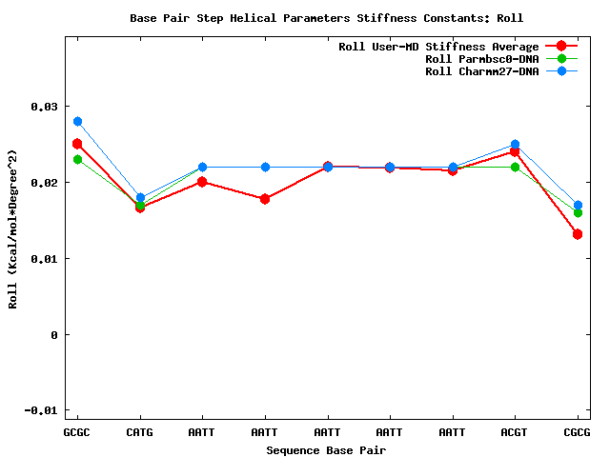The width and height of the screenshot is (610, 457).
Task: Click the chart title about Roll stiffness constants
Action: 326,18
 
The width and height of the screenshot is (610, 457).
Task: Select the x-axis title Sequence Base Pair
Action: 326,450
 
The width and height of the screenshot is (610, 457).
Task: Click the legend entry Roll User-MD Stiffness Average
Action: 438,47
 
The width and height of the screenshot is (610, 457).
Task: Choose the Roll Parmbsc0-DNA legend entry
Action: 481,59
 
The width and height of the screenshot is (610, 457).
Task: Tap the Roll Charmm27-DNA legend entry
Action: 481,71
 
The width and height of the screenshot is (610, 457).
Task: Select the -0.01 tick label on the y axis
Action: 40,411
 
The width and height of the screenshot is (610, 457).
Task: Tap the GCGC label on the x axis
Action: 77,432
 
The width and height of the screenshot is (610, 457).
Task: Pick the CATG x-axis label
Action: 140,432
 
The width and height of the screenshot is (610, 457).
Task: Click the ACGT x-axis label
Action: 515,432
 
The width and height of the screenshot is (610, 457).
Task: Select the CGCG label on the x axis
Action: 578,432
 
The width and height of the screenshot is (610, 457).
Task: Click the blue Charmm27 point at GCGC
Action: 77,122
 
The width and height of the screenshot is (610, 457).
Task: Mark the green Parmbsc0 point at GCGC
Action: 77,160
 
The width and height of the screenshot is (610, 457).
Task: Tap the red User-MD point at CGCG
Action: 578,234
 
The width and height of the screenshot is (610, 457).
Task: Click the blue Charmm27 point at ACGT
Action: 515,145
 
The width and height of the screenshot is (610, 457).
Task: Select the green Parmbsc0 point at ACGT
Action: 515,168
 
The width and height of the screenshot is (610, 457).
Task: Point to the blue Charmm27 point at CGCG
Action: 578,206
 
